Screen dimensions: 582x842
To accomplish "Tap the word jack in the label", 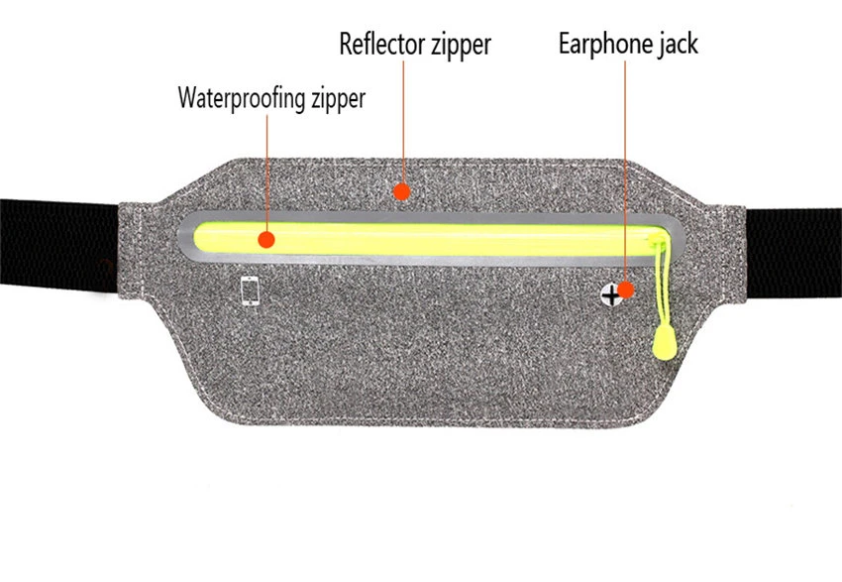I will tap(678, 45).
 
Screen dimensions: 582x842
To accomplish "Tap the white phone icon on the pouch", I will tap(252, 291).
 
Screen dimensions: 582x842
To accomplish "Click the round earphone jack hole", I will tap(612, 292).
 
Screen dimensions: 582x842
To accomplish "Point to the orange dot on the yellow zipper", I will tap(264, 239).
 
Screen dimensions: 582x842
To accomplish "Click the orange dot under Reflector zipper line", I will tap(401, 189).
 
